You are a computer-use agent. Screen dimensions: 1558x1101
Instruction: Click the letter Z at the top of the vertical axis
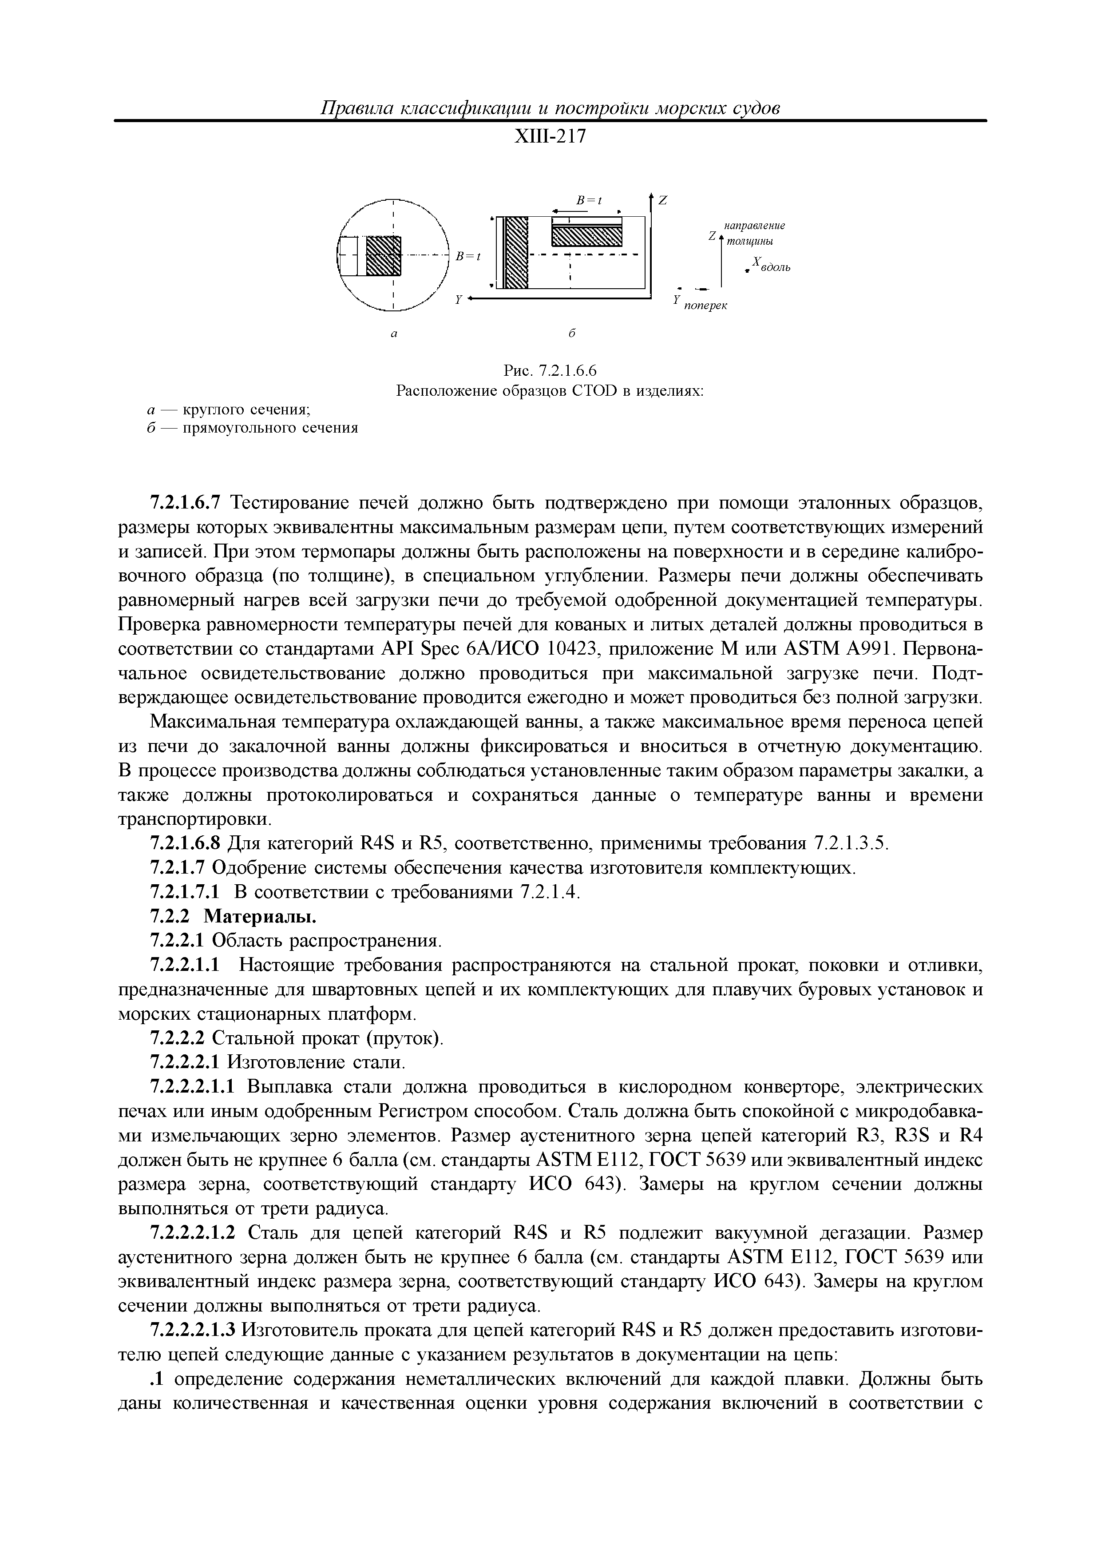pos(663,200)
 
